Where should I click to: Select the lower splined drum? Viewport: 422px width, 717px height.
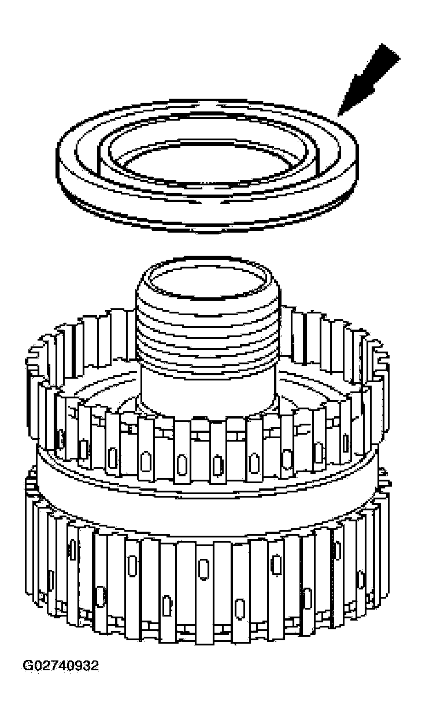[208, 577]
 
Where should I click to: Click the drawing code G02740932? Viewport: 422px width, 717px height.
[60, 666]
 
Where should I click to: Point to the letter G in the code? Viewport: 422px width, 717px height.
[27, 666]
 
